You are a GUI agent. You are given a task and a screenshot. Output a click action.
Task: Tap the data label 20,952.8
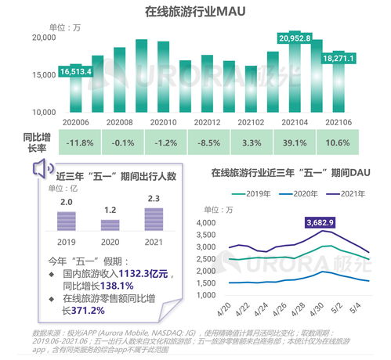tap(295, 38)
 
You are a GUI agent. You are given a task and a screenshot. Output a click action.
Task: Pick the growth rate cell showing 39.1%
tap(295, 142)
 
